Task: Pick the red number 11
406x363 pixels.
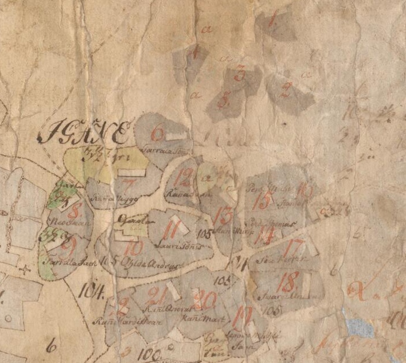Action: [x=169, y=231]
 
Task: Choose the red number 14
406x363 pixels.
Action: [x=266, y=235]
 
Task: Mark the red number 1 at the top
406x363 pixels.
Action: [x=272, y=20]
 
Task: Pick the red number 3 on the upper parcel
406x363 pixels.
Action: [x=240, y=74]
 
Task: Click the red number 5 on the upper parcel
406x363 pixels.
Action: [x=224, y=100]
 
